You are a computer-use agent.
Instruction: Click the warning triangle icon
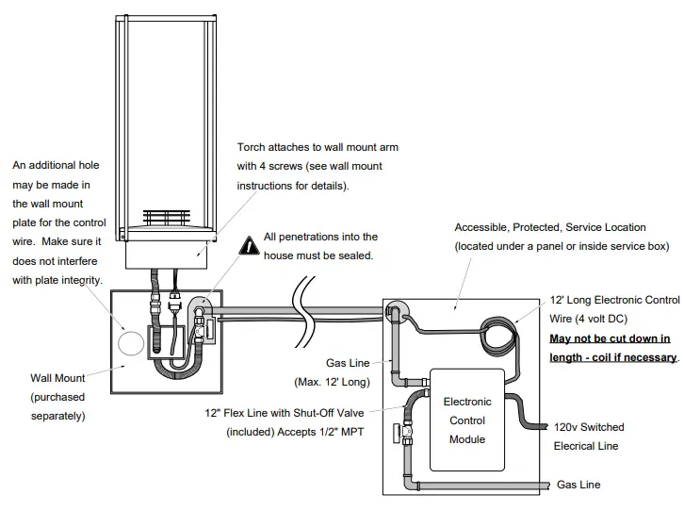coord(249,245)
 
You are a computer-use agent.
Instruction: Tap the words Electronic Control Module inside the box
coord(467,420)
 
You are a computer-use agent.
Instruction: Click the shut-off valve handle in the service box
coord(397,435)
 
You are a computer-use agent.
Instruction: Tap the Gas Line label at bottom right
coord(578,485)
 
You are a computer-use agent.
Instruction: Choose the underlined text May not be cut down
coord(610,338)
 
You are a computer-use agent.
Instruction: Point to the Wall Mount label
coord(57,378)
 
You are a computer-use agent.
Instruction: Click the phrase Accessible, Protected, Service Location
coord(550,227)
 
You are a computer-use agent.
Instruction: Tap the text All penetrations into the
coord(320,238)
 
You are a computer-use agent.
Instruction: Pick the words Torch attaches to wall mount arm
coord(310,148)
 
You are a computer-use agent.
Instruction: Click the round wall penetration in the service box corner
coord(396,312)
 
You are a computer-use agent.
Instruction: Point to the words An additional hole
coord(56,165)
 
